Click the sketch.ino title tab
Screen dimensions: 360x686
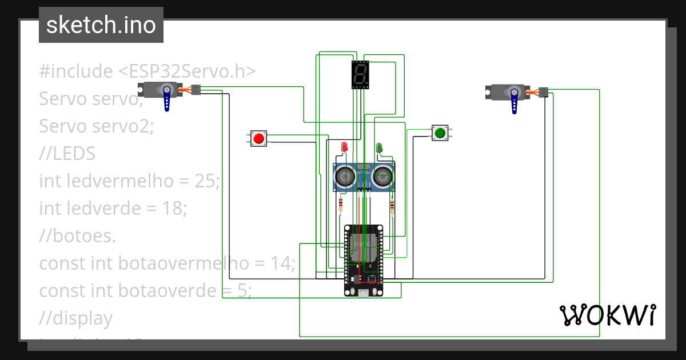[x=101, y=25]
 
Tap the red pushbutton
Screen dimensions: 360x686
[x=258, y=138]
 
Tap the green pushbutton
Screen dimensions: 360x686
[x=439, y=133]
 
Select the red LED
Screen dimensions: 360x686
[x=344, y=147]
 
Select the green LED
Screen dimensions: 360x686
[x=378, y=148]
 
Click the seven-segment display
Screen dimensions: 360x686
[x=360, y=75]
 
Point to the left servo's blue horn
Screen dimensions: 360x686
[x=167, y=98]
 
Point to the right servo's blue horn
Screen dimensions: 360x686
[x=514, y=101]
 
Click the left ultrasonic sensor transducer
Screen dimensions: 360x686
[x=345, y=177]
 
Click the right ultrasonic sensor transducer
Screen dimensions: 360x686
[x=382, y=177]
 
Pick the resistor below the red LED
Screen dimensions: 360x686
[x=341, y=203]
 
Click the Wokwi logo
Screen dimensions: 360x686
[x=607, y=315]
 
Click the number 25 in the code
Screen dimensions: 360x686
[x=204, y=181]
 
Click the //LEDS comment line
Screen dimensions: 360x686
[x=67, y=154]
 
